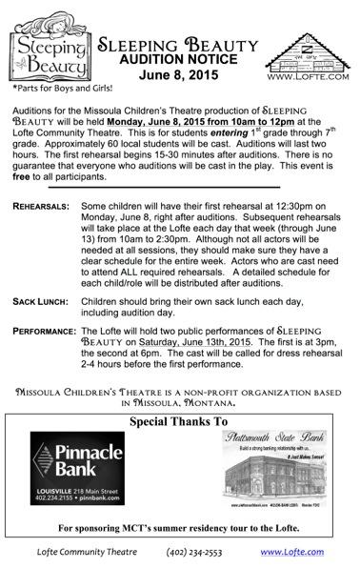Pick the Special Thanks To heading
(x=179, y=421)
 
